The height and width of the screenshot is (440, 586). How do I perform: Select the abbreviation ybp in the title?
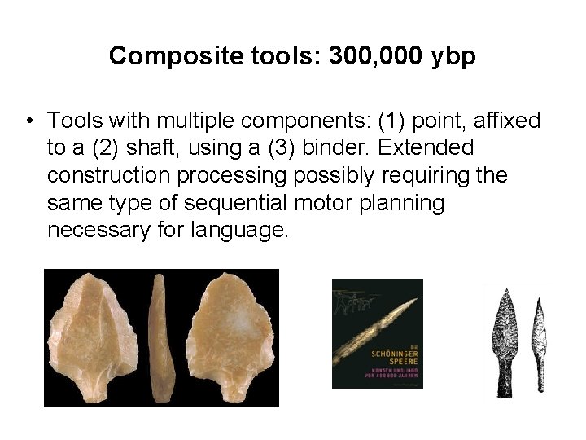click(453, 56)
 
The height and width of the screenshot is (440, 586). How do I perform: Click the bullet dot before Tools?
click(28, 122)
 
